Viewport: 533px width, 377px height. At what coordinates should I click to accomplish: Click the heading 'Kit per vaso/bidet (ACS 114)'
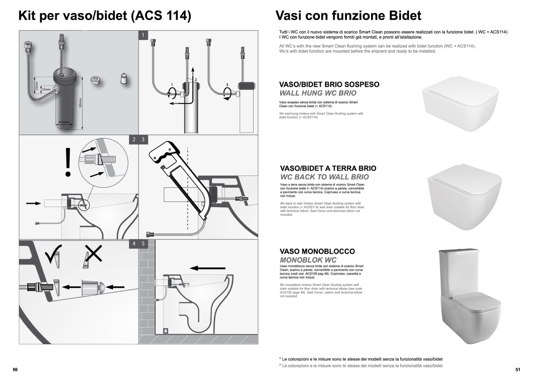pyautogui.click(x=105, y=16)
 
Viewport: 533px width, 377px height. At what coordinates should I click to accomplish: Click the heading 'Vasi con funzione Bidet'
pyautogui.click(x=348, y=16)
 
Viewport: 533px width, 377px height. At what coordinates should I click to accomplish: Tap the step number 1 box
pyautogui.click(x=143, y=35)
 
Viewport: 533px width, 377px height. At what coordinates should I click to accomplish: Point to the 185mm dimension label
pyautogui.click(x=80, y=104)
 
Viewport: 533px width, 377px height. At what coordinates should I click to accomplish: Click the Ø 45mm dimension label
pyautogui.click(x=64, y=122)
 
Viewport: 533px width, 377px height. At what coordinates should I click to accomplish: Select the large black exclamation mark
pyautogui.click(x=68, y=162)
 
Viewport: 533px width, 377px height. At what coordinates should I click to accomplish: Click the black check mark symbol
pyautogui.click(x=53, y=254)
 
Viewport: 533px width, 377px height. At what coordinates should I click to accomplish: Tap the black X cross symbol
pyautogui.click(x=94, y=253)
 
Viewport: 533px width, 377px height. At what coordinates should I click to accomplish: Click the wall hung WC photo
pyautogui.click(x=460, y=103)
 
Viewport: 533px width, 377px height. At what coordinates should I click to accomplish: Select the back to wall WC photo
pyautogui.click(x=464, y=197)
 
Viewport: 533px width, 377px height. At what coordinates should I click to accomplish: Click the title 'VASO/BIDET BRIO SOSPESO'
pyautogui.click(x=329, y=85)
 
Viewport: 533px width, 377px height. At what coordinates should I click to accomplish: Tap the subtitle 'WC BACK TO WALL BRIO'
pyautogui.click(x=324, y=177)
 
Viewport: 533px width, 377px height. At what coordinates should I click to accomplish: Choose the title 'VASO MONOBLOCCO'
pyautogui.click(x=317, y=251)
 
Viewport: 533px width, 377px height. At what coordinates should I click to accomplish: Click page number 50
pyautogui.click(x=15, y=370)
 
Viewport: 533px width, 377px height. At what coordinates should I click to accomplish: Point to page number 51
pyautogui.click(x=518, y=370)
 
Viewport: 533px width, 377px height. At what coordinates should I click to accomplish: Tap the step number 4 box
pyautogui.click(x=134, y=244)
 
